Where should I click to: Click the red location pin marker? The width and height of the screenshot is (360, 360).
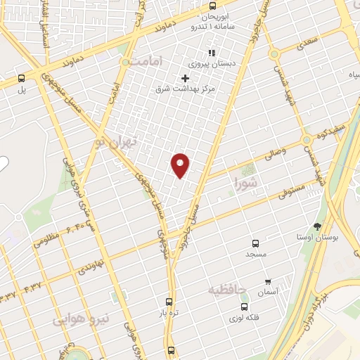181,165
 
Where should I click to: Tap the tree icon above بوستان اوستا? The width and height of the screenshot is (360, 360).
317,227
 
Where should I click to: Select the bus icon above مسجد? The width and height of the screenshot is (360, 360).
255,241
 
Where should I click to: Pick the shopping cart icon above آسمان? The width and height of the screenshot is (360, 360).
267,281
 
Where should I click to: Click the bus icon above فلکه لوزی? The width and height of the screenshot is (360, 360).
244,307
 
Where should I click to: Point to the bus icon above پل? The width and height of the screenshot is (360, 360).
21,79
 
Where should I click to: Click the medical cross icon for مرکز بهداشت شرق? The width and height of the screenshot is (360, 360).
186,77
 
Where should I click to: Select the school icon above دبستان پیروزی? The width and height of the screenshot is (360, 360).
210,52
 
